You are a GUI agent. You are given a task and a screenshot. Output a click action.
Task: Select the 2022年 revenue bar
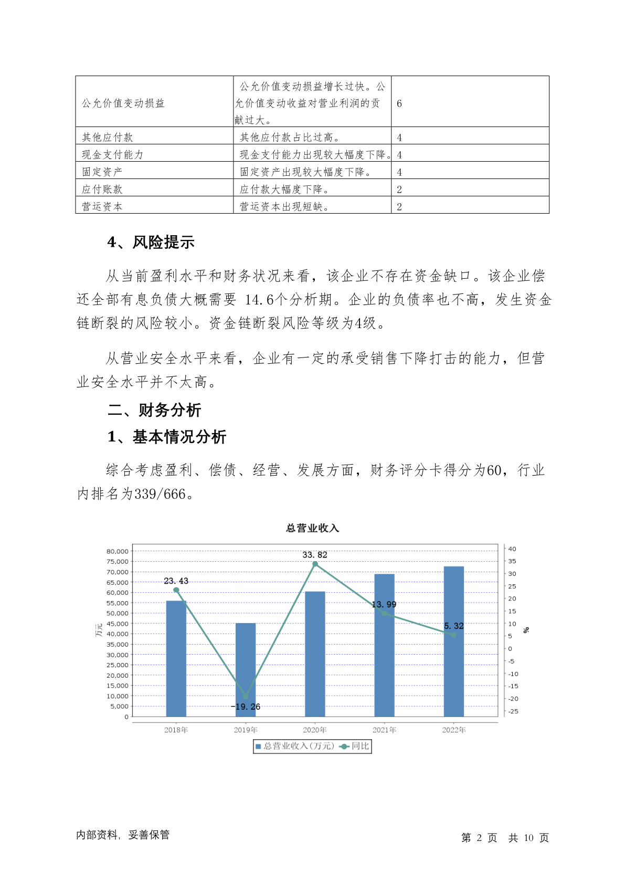point(454,641)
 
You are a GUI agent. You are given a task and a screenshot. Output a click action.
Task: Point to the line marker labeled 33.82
point(315,564)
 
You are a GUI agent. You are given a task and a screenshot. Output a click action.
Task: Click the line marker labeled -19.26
point(246,697)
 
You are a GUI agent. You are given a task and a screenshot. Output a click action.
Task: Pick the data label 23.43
point(176,581)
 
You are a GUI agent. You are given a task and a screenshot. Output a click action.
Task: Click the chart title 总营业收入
point(312,528)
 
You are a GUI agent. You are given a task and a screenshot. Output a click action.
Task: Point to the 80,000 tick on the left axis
point(118,551)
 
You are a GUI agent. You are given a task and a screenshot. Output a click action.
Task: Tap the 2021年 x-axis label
point(384,730)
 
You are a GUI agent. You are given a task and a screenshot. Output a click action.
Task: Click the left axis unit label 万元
point(99,630)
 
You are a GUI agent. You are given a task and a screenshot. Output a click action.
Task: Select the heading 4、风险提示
point(151,242)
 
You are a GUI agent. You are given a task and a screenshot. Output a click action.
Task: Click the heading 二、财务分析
point(154,410)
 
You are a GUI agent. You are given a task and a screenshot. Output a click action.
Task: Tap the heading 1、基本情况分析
point(167,437)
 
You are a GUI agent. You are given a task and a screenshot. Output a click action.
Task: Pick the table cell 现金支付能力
point(112,154)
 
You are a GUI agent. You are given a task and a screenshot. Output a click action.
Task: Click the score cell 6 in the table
point(399,103)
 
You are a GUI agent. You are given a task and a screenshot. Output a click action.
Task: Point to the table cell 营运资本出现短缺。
point(284,206)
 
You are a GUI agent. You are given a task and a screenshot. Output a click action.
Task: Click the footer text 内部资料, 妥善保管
point(123,835)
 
